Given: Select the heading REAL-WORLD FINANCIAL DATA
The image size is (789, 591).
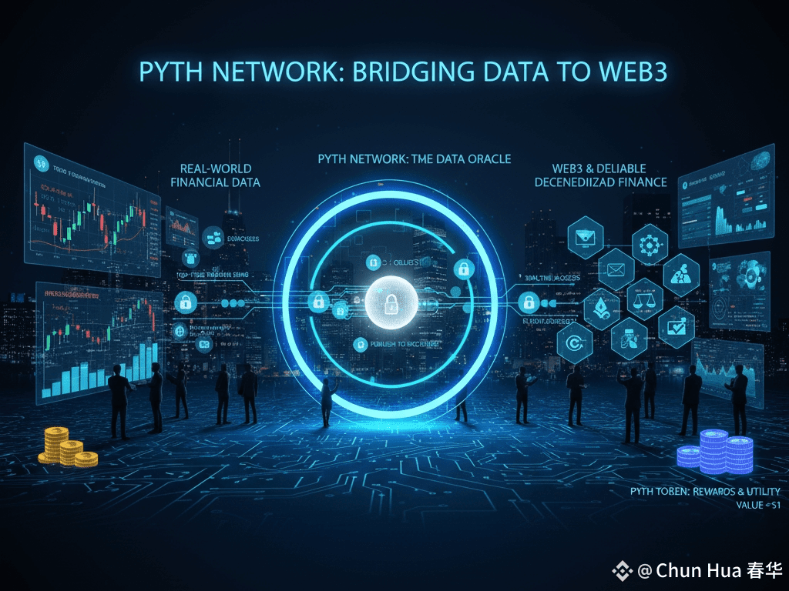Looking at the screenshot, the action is coord(215,175).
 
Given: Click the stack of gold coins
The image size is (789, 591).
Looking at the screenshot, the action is coord(67,447).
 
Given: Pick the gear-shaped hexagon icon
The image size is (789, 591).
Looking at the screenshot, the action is coord(650,243).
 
